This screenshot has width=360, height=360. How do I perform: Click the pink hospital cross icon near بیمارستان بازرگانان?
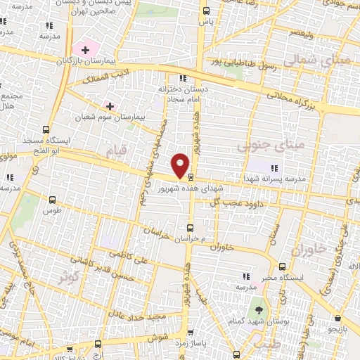[x=86, y=50]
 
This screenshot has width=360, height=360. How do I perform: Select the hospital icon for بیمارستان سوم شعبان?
[x=110, y=105]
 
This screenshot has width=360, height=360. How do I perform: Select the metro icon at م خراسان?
[x=191, y=227]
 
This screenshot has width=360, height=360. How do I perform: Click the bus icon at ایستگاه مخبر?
[x=282, y=266]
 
